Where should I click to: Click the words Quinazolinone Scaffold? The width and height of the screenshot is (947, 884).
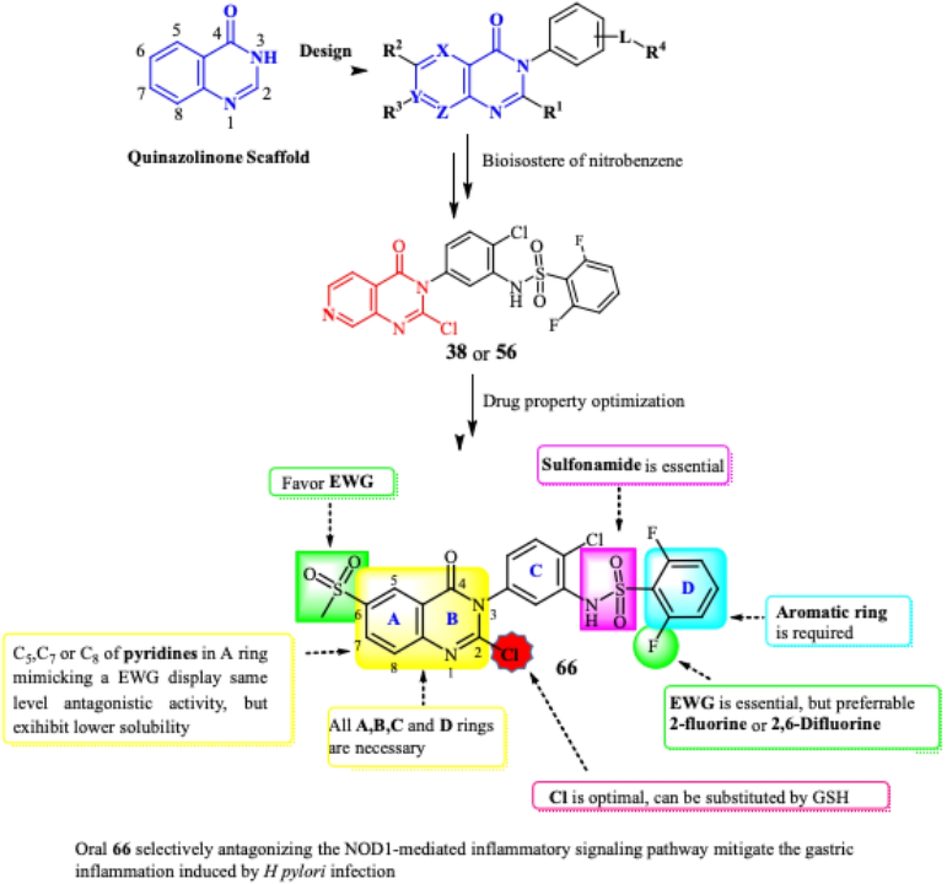pyautogui.click(x=218, y=157)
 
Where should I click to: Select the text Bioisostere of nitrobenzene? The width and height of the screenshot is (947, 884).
pyautogui.click(x=582, y=161)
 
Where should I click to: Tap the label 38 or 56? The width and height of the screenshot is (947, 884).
pyautogui.click(x=481, y=352)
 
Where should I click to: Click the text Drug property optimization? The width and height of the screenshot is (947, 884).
pyautogui.click(x=583, y=401)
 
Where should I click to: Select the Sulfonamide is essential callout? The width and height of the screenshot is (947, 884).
pyautogui.click(x=633, y=465)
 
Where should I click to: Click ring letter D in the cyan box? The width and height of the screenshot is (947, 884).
pyautogui.click(x=688, y=588)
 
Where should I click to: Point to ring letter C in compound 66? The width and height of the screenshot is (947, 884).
pyautogui.click(x=536, y=571)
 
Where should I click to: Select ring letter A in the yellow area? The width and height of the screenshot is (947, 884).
pyautogui.click(x=394, y=619)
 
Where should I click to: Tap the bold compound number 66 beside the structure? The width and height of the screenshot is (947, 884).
pyautogui.click(x=566, y=667)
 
